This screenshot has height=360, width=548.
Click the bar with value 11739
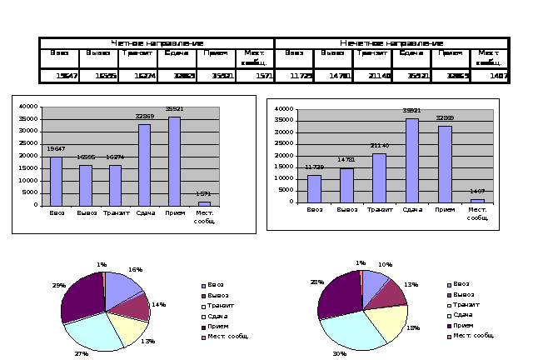pos(314,188)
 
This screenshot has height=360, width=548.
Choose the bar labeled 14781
pos(346,185)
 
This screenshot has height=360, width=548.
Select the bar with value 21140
pos(379,177)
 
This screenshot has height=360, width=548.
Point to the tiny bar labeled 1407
pos(477,200)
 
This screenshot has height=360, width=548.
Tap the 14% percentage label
pos(158,305)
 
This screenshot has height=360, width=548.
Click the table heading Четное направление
pos(157,42)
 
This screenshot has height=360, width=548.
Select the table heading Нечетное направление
pos(391,42)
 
